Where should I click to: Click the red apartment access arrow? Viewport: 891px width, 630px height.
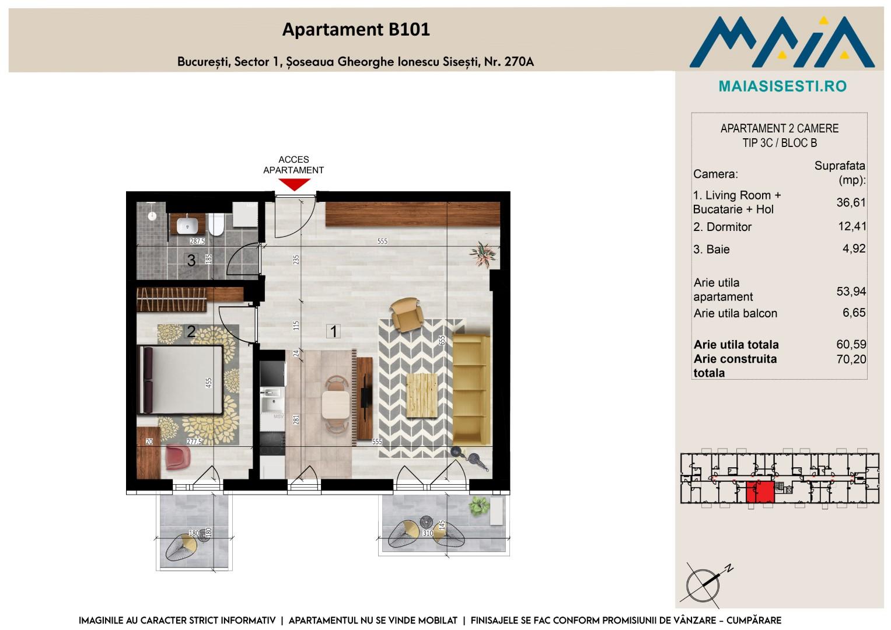294,184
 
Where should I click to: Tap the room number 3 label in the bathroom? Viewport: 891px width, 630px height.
191,260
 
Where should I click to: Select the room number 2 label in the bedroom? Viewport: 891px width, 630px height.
191,331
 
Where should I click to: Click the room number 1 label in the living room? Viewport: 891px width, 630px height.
333,331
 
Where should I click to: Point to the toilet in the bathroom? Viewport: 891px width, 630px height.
217,225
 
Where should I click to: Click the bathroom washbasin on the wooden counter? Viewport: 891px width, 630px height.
187,226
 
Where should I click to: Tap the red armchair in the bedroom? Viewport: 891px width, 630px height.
178,457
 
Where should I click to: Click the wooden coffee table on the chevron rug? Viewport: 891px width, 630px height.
422,395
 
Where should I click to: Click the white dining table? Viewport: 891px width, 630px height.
336,404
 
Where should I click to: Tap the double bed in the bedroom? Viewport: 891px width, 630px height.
180,380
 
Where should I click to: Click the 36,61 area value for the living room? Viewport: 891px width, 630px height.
851,202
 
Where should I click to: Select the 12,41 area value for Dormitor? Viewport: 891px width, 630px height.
852,226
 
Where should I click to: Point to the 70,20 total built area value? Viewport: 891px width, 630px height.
851,359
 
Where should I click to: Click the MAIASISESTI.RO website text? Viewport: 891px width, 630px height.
782,86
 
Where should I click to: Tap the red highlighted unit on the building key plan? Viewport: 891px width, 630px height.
760,492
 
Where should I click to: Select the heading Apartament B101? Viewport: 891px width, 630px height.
356,29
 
